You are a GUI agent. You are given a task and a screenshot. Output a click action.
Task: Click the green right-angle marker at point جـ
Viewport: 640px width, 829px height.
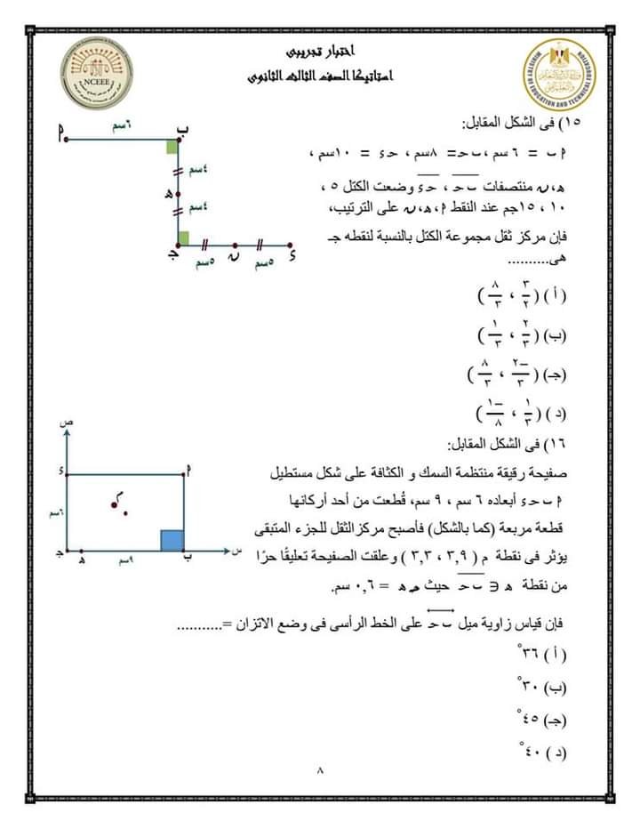click(182, 237)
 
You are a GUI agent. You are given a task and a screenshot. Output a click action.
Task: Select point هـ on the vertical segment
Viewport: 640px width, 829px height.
click(178, 190)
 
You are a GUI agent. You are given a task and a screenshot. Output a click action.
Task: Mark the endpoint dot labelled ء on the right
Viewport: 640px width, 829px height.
click(292, 244)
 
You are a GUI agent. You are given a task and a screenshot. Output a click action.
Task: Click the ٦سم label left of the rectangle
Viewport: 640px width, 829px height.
click(56, 513)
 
